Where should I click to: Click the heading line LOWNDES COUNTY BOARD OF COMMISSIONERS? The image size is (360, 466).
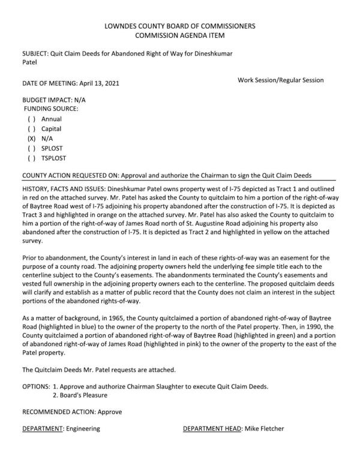[x=180, y=26]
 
